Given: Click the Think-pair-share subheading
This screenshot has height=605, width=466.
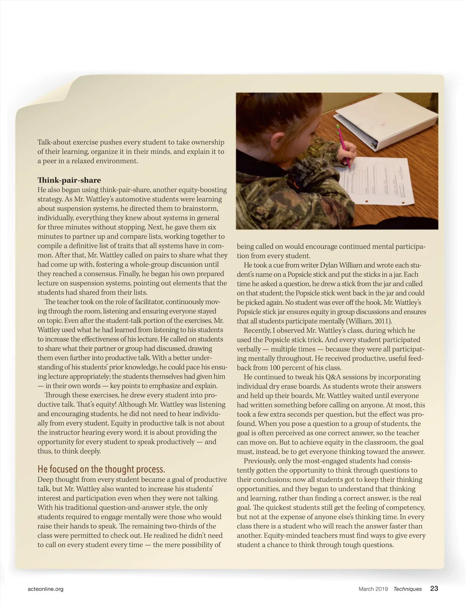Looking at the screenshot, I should (69, 180).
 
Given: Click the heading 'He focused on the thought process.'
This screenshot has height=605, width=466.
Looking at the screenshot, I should (101, 469).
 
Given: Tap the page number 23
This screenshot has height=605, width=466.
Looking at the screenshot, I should (434, 588).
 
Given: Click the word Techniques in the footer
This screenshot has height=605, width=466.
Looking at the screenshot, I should (407, 589).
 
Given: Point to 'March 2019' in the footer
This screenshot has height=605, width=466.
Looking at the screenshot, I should (373, 589).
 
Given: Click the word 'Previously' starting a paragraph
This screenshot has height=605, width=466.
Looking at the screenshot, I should (261, 461).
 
